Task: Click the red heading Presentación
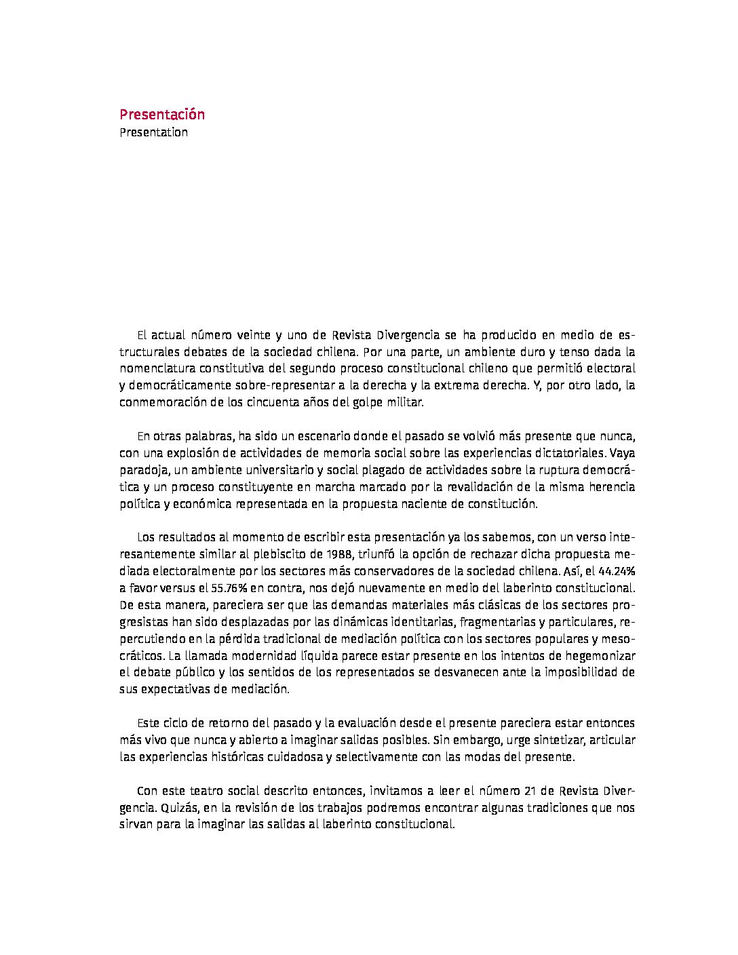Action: [x=162, y=114]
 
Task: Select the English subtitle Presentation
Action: [x=153, y=132]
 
